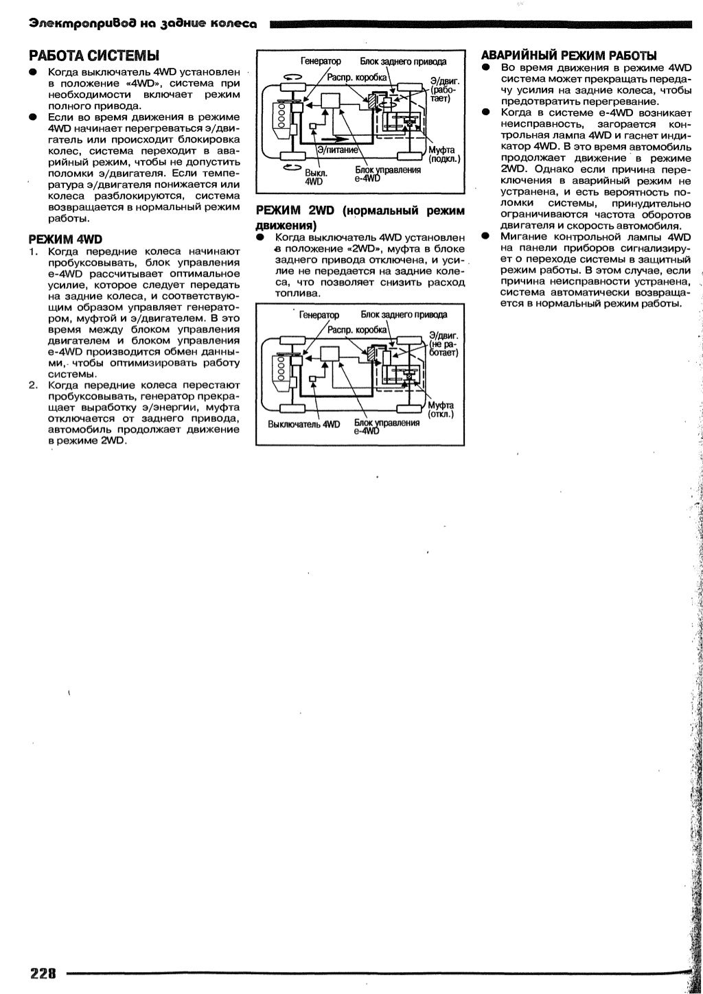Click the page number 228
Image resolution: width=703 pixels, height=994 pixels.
tap(42, 973)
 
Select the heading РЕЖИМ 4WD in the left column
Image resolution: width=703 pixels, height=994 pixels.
tap(65, 239)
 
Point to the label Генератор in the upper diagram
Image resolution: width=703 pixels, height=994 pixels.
tap(316, 62)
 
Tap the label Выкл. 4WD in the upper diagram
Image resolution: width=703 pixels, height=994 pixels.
tap(314, 178)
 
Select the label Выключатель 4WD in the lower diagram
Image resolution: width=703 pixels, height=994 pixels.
tap(303, 424)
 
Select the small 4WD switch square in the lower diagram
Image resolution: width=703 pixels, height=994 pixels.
tap(313, 378)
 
